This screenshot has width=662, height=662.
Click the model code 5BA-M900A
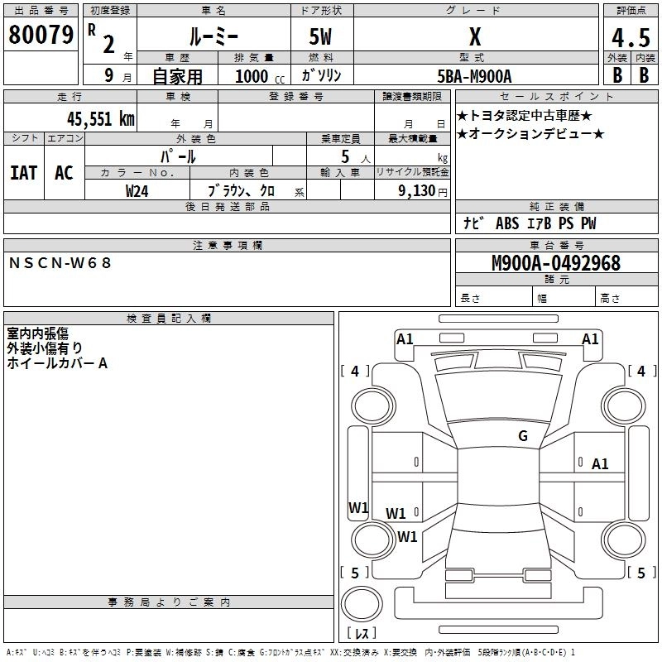click(x=474, y=76)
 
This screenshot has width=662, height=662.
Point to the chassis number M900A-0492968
click(x=555, y=264)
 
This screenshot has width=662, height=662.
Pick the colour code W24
click(x=137, y=190)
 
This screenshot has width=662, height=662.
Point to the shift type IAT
click(x=23, y=173)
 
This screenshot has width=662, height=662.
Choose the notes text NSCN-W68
click(x=60, y=263)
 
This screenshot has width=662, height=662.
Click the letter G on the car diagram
click(x=522, y=436)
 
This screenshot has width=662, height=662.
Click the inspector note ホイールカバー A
click(x=57, y=362)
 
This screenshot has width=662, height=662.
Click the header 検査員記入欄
click(x=169, y=318)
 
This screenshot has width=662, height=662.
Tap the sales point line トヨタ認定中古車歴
click(x=525, y=115)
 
